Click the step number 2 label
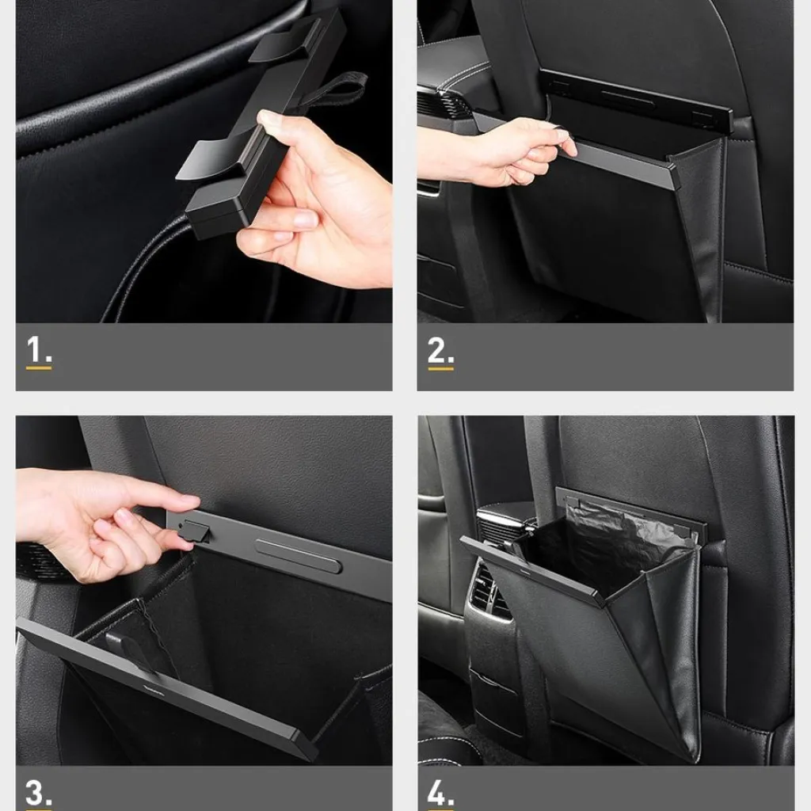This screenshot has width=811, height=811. pyautogui.click(x=440, y=350)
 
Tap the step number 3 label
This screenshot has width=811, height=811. pyautogui.click(x=38, y=793)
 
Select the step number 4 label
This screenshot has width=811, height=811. pyautogui.click(x=440, y=793)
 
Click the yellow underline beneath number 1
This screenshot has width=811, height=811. pyautogui.click(x=39, y=368)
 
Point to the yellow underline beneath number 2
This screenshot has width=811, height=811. pyautogui.click(x=440, y=369)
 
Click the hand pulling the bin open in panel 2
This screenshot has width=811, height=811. pyautogui.click(x=497, y=153)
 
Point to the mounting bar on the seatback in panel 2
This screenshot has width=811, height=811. pyautogui.click(x=636, y=99)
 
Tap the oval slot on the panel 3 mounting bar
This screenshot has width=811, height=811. pyautogui.click(x=299, y=556)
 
